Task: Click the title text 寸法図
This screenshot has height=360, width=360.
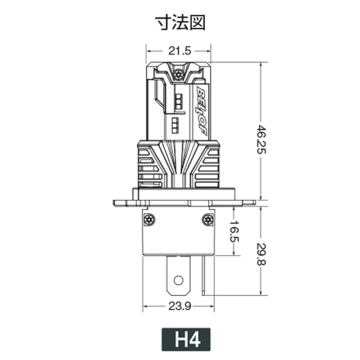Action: coord(180,22)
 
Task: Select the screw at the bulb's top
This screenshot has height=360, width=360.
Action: coord(179,75)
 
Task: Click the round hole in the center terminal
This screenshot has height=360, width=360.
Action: coord(178,280)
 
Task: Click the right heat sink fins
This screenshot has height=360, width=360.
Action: coord(209,169)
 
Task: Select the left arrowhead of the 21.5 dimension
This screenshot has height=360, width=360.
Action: coord(148,62)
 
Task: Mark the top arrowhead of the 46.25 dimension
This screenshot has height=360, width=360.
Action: coord(260,65)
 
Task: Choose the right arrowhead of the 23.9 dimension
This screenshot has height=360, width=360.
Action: coord(211,307)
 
